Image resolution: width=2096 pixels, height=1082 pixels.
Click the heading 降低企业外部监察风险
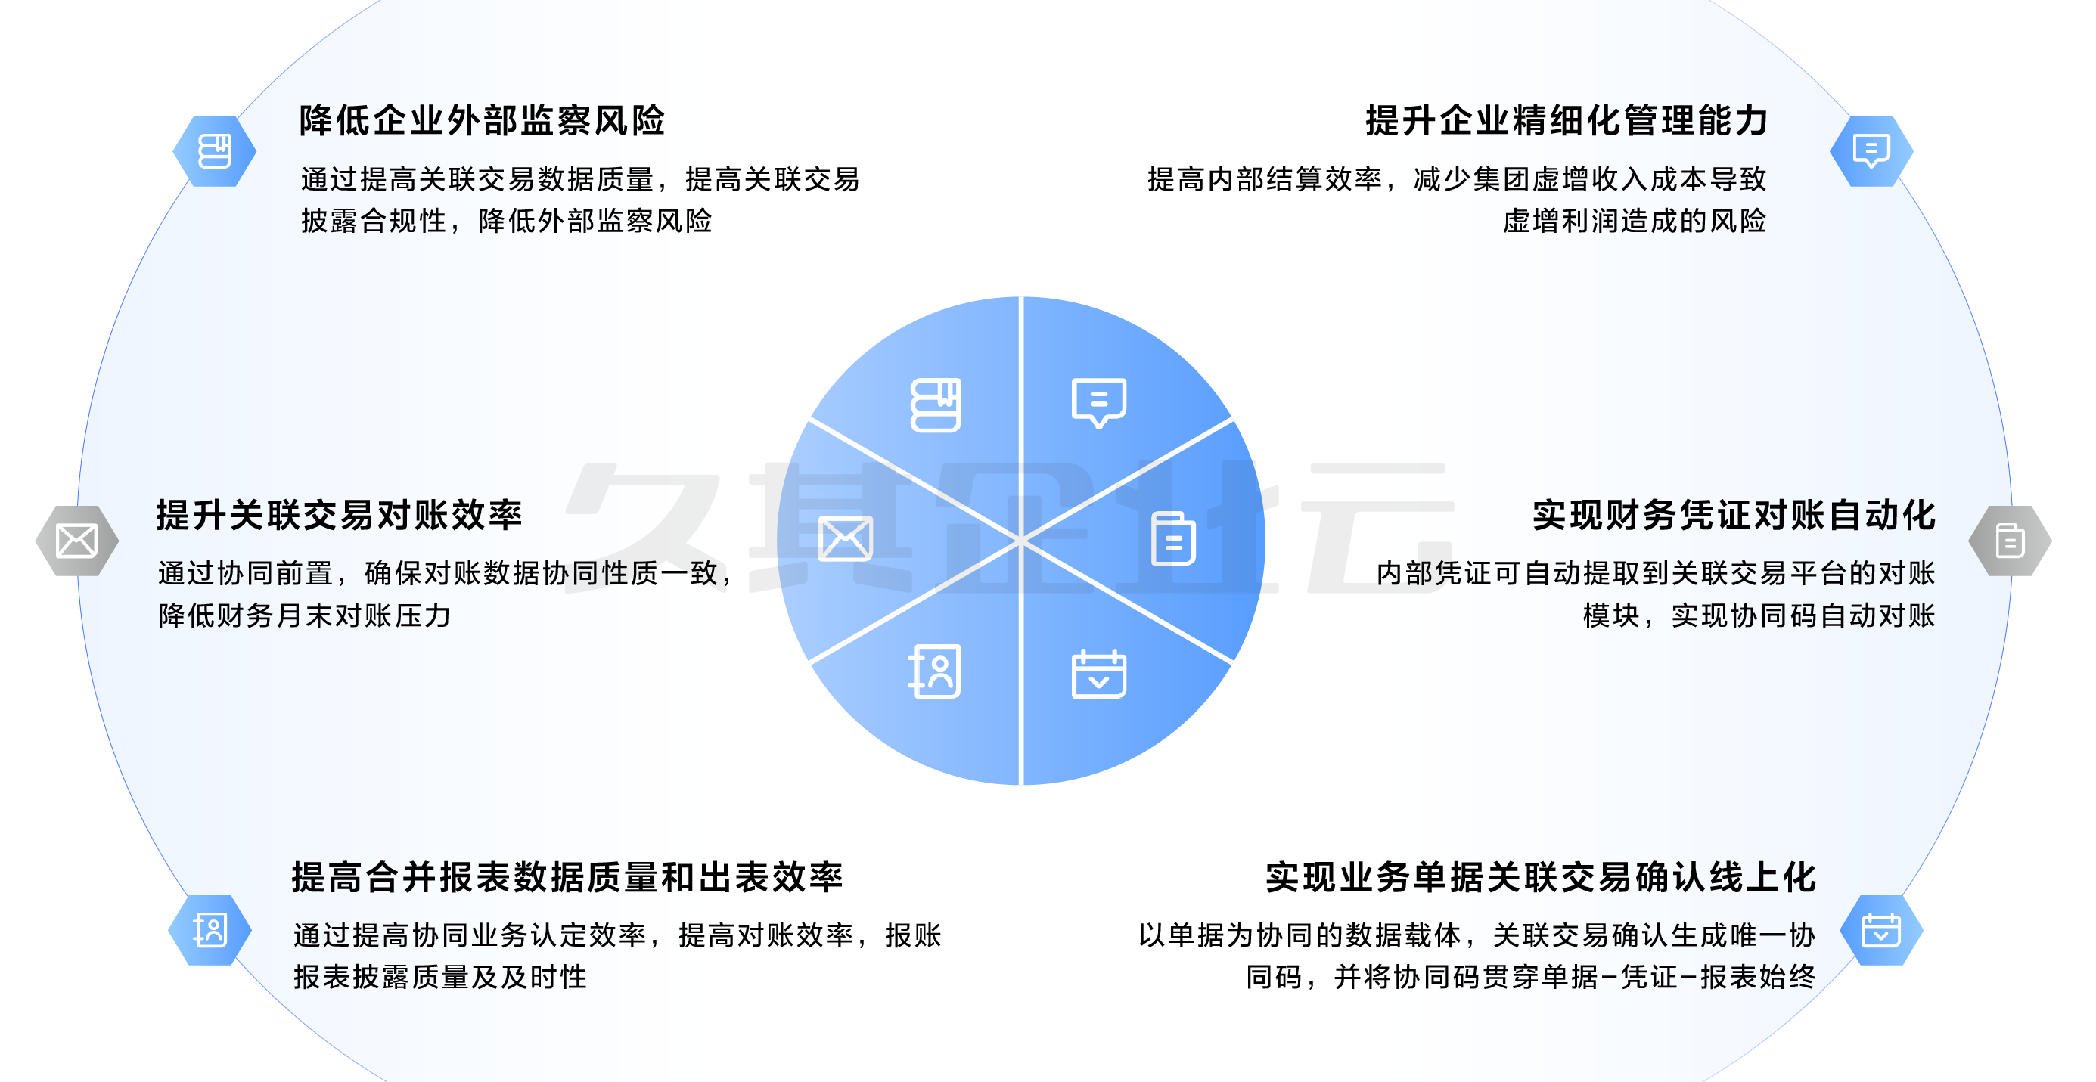[482, 120]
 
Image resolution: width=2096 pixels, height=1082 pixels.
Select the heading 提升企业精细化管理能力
[1567, 120]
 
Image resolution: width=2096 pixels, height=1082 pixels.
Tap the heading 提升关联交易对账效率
[338, 515]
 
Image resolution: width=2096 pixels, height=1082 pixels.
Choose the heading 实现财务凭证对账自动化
[1734, 515]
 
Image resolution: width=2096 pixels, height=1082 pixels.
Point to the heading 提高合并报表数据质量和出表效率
[567, 877]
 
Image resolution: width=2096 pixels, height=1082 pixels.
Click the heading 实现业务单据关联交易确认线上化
[1540, 877]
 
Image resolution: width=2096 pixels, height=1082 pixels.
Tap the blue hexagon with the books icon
[215, 151]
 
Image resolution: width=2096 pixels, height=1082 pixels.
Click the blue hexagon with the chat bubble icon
[1871, 151]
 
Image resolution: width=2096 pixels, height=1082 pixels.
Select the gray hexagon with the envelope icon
[77, 541]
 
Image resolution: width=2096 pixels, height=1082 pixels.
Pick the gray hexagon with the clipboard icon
[2010, 541]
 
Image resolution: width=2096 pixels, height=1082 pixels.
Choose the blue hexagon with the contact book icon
[210, 930]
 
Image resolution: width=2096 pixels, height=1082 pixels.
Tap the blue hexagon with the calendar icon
[1881, 930]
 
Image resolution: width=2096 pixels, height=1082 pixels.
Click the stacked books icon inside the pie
[936, 405]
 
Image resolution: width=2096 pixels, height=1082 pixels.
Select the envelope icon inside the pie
[846, 538]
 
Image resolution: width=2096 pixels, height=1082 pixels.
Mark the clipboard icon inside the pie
[1173, 538]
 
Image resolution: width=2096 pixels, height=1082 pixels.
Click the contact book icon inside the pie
[935, 672]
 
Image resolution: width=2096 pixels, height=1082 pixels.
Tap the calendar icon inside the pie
[1098, 674]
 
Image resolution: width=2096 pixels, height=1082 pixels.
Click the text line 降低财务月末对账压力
[304, 615]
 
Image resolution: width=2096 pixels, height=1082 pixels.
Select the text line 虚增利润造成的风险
[1634, 221]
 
